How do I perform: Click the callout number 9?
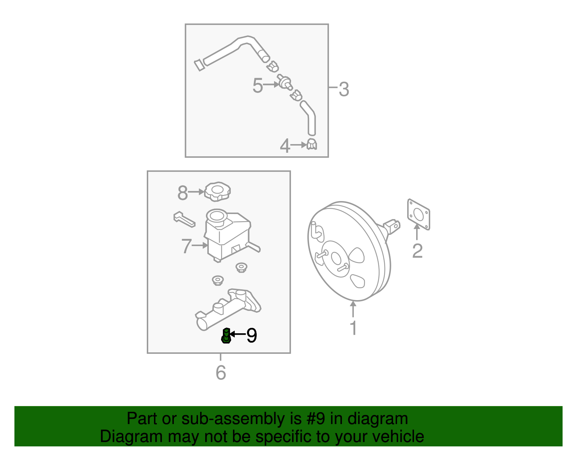(252, 335)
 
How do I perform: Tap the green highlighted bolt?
(226, 336)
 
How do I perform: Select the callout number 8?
(182, 193)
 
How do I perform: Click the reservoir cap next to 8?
(217, 191)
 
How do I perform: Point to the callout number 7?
(186, 246)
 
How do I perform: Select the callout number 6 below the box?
(221, 373)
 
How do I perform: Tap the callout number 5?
(257, 86)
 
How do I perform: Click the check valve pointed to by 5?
(285, 82)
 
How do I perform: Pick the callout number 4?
(285, 146)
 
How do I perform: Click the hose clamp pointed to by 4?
(312, 144)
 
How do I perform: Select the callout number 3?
(344, 89)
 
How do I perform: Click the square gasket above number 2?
(418, 214)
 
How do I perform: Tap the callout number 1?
(353, 328)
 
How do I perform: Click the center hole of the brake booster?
(335, 258)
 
